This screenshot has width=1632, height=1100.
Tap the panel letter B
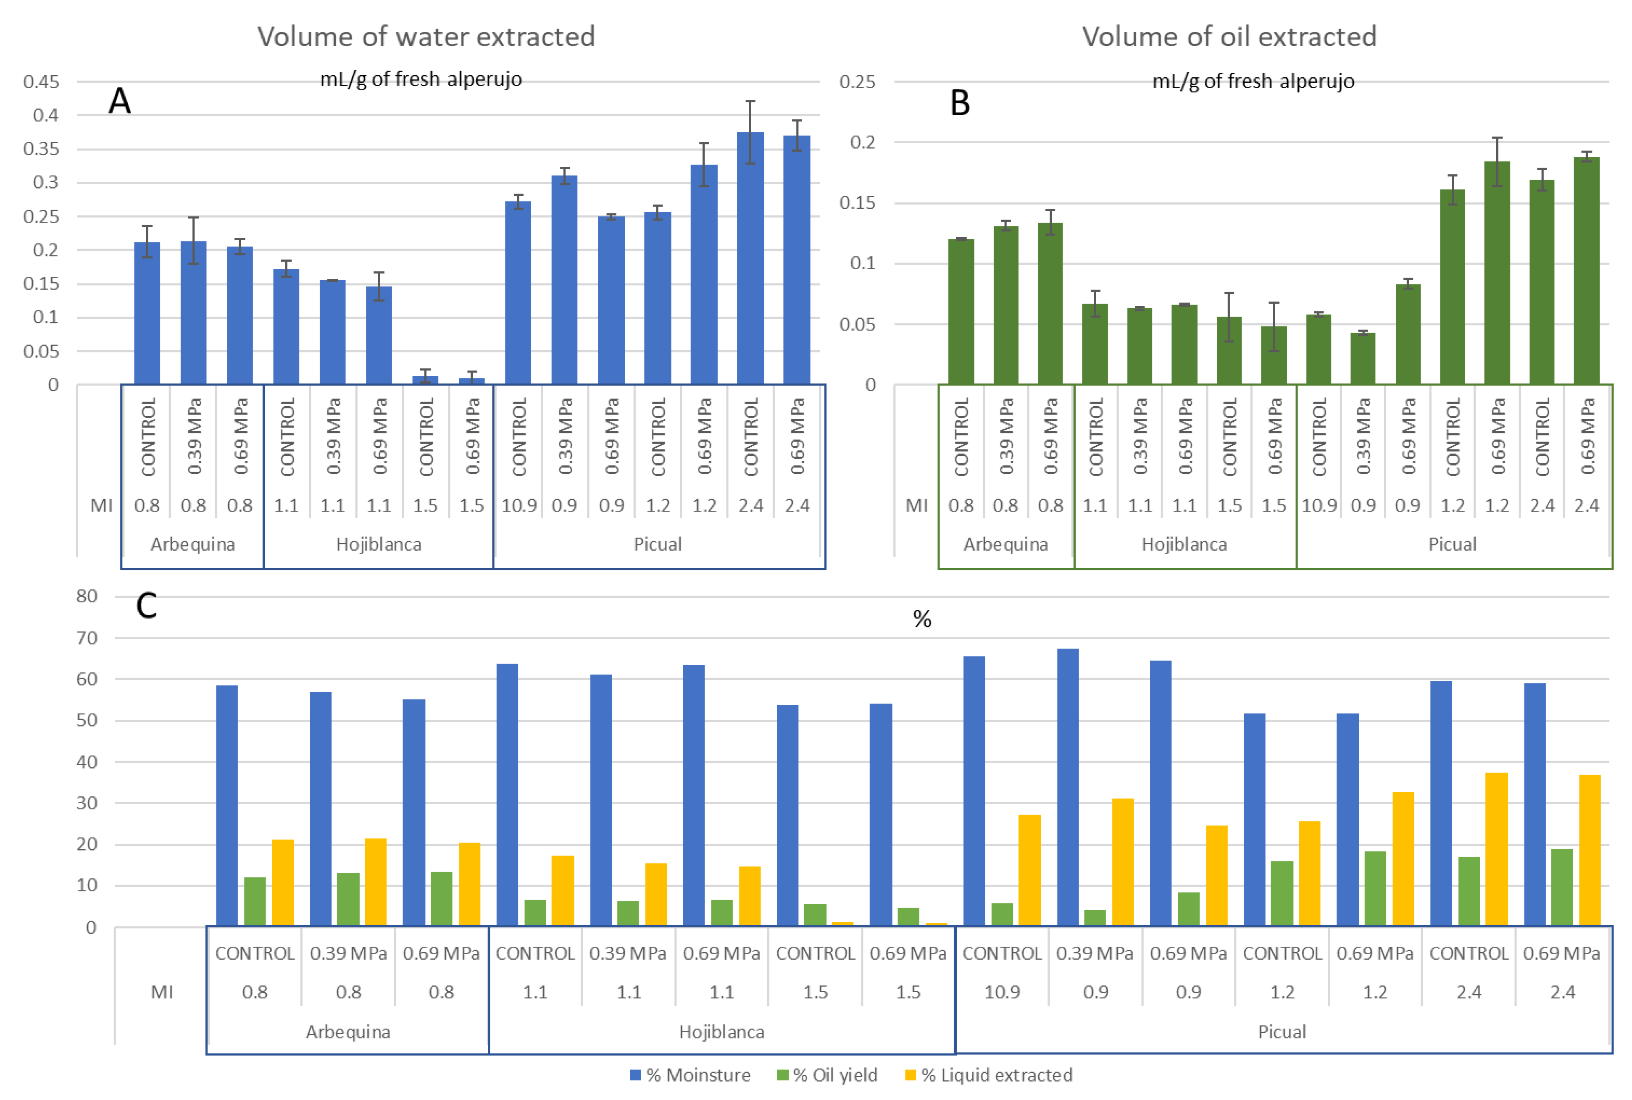tap(959, 103)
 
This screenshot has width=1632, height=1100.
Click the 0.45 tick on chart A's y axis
tap(42, 82)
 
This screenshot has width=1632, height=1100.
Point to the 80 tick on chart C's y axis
tap(87, 596)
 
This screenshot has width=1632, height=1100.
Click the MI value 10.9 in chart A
tap(519, 505)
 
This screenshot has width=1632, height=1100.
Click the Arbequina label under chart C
tap(347, 1031)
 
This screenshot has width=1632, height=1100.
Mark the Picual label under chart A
tap(658, 544)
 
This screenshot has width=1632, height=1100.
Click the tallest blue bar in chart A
tap(750, 260)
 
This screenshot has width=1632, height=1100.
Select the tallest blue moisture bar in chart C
tap(1067, 786)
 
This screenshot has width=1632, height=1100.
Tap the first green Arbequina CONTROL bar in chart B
tap(961, 312)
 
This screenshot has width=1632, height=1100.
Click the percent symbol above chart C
tap(922, 619)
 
